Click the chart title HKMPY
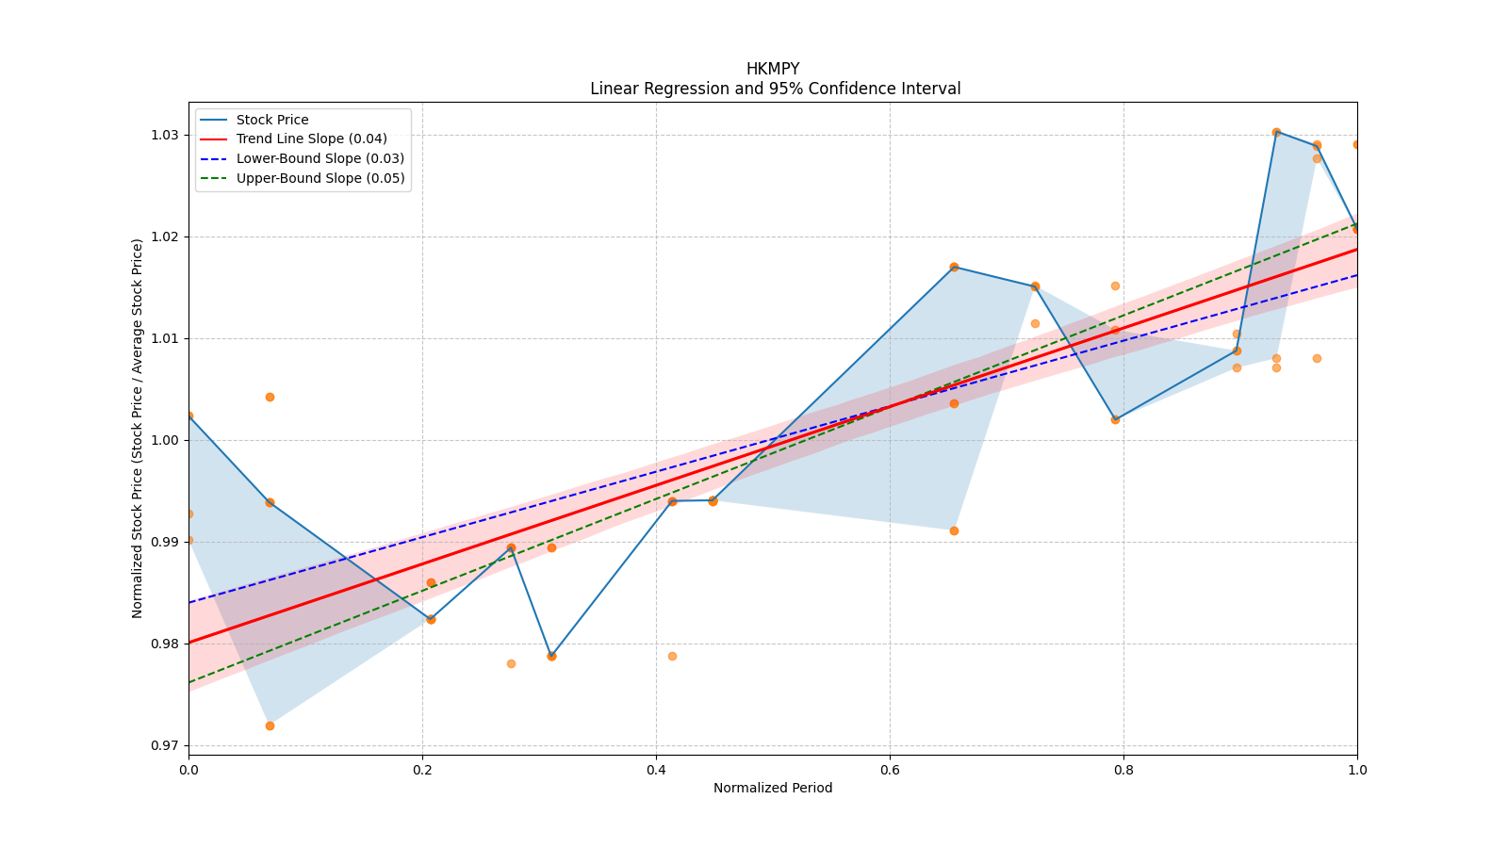click(x=772, y=69)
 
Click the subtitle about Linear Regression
click(x=775, y=89)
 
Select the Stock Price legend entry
click(x=272, y=120)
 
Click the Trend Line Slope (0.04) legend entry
click(x=311, y=139)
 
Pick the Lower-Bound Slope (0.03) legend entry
click(x=320, y=159)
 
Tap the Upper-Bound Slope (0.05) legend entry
click(x=320, y=179)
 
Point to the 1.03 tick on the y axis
click(x=165, y=135)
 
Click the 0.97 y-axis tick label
click(x=165, y=745)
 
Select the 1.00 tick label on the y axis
click(x=165, y=440)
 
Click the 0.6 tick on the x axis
click(x=890, y=770)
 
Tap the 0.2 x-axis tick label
click(x=422, y=770)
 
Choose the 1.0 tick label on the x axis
click(x=1357, y=770)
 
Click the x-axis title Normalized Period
click(x=773, y=788)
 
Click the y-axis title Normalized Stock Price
click(x=138, y=428)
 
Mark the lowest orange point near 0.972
click(x=270, y=726)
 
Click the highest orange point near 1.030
click(x=1276, y=132)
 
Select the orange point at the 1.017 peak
click(x=954, y=267)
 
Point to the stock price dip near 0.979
click(x=551, y=656)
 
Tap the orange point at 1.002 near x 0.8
click(x=1115, y=419)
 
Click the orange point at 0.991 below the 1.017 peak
click(x=954, y=530)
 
